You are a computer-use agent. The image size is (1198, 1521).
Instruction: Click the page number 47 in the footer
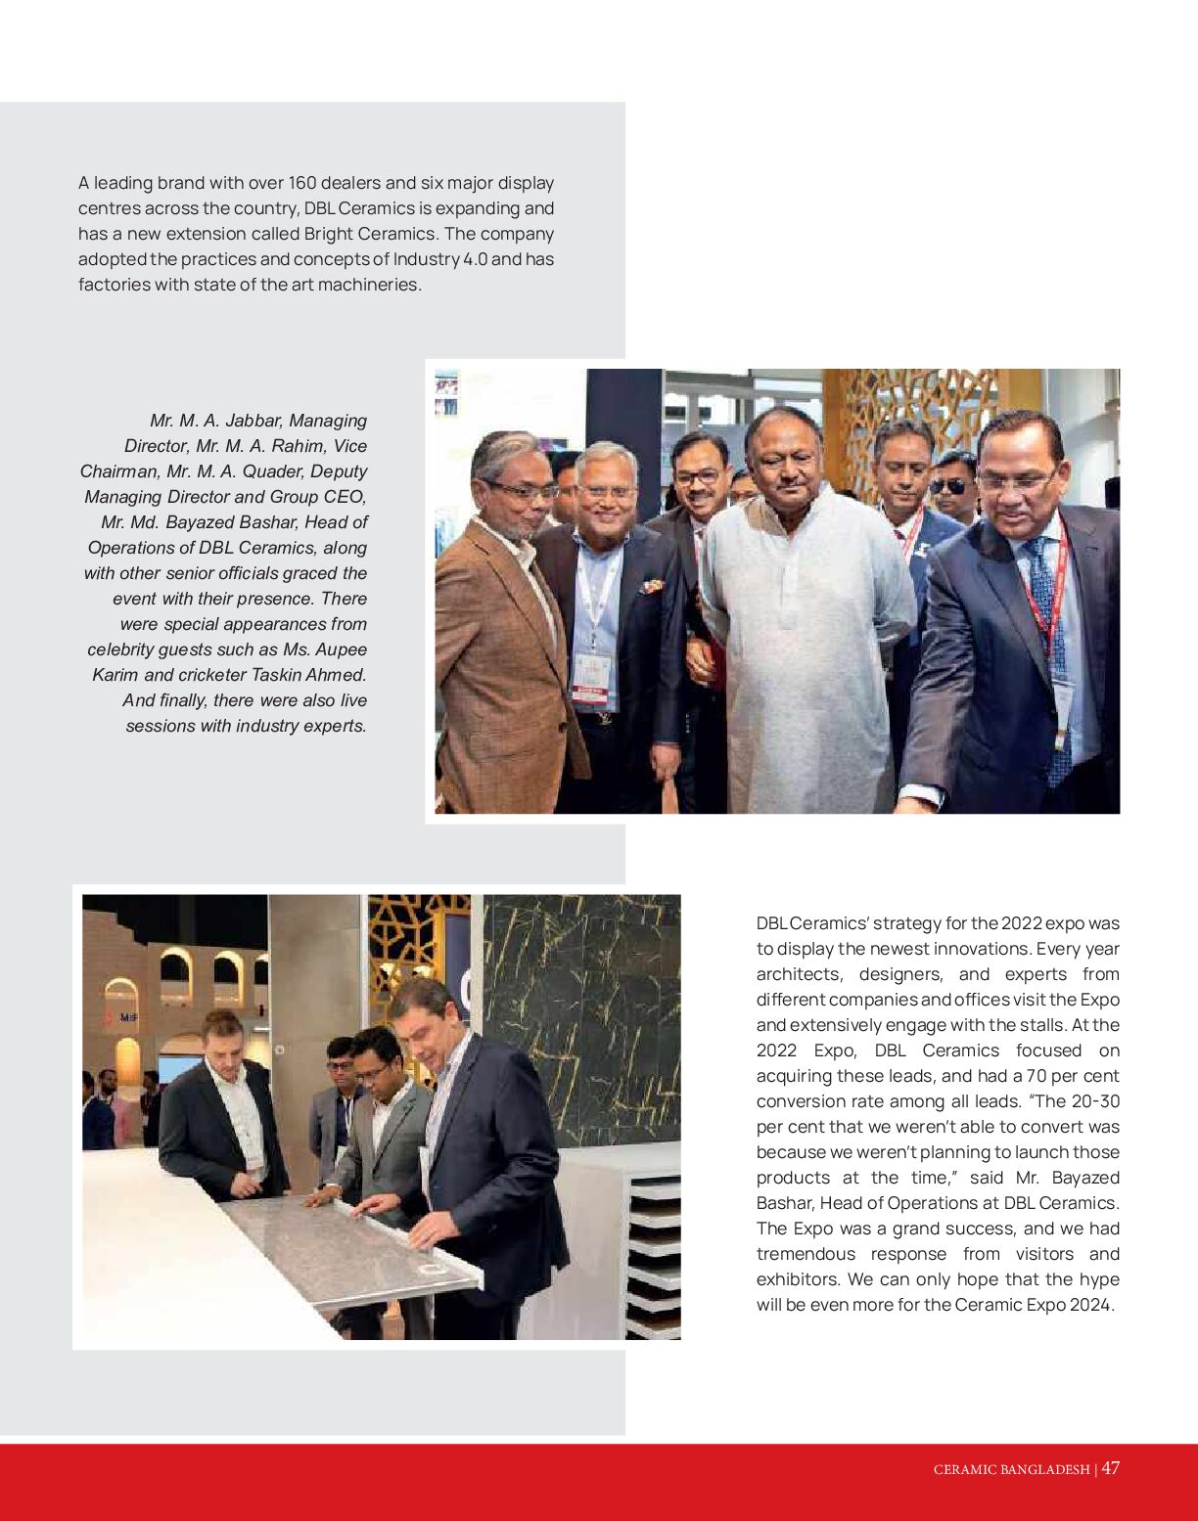1110,1468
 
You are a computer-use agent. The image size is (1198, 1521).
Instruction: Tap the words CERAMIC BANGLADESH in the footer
1011,1470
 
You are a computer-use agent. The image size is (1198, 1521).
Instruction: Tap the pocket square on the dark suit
651,587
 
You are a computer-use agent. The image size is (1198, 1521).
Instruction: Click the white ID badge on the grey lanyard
593,671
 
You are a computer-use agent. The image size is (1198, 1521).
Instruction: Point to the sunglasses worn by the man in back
948,486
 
